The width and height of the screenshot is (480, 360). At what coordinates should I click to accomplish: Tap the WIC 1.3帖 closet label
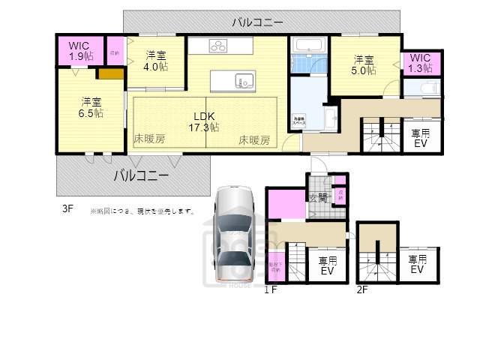(x=421, y=63)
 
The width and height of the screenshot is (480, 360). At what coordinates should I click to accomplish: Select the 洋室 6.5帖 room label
(x=92, y=106)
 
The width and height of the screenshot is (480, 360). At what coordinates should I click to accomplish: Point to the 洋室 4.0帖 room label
(x=156, y=60)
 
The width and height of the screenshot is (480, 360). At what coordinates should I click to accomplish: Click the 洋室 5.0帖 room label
(x=364, y=65)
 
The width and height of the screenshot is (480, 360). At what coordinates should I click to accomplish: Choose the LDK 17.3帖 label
(x=204, y=121)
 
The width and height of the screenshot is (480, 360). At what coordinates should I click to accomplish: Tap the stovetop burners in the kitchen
(x=218, y=46)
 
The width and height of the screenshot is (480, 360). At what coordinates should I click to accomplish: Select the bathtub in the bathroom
(x=309, y=46)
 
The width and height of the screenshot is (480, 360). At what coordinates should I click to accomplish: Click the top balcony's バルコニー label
(x=258, y=21)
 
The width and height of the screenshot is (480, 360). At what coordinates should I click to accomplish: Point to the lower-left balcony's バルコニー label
(x=141, y=176)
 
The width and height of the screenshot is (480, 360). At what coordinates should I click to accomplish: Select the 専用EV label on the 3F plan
(x=420, y=139)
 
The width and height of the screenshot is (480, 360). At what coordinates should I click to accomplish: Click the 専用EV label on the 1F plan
(x=327, y=266)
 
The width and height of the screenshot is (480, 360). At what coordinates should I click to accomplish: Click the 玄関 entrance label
(x=318, y=197)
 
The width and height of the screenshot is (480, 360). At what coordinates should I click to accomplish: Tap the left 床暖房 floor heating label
(x=149, y=139)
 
